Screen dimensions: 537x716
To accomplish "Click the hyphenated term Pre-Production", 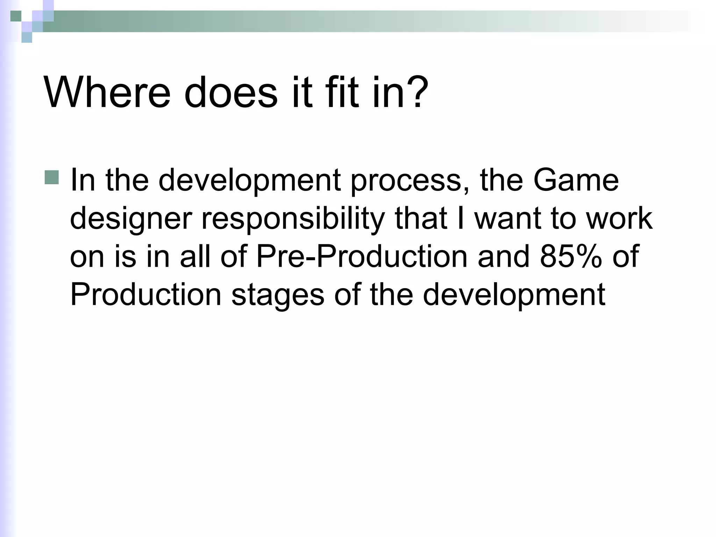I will click(362, 256).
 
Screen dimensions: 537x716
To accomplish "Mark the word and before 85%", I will click(503, 256).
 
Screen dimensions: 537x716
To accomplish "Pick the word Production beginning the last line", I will click(146, 294).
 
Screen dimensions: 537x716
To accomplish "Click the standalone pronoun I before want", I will click(460, 219).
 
